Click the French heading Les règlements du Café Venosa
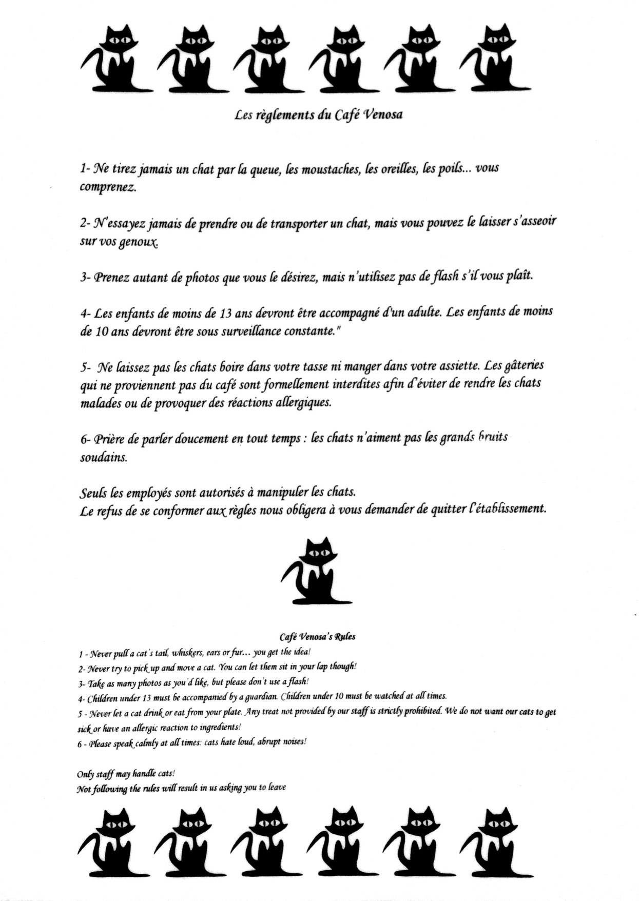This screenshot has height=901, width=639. [318, 114]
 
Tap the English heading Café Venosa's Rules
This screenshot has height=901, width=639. [317, 637]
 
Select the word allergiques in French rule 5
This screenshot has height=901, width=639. [304, 402]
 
